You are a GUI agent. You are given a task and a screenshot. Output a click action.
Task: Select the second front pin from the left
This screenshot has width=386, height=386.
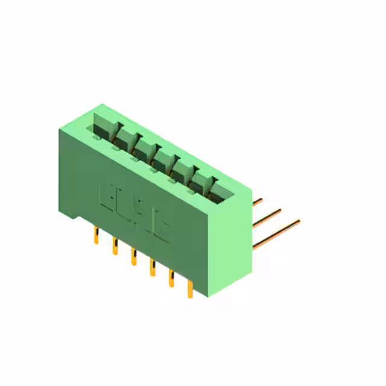114,246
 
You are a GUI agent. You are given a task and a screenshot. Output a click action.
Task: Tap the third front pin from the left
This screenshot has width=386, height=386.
133,257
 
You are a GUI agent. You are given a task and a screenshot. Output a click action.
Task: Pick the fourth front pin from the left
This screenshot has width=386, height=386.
151,268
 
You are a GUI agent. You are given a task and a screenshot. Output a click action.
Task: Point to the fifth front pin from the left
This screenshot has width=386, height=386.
171,279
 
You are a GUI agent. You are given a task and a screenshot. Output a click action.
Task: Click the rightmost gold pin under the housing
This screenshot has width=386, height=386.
190,289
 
